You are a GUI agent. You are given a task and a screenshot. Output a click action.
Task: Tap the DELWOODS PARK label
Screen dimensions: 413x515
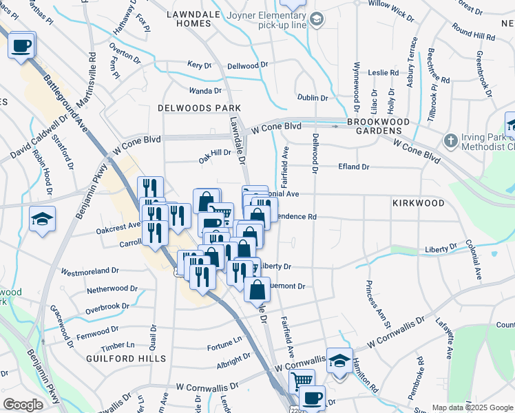tap(199, 108)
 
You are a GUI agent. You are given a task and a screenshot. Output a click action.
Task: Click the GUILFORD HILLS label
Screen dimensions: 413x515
tap(126, 359)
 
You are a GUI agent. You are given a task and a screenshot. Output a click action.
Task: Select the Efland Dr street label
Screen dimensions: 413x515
tap(354, 167)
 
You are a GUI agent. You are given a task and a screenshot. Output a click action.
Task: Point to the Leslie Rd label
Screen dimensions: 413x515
tap(383, 72)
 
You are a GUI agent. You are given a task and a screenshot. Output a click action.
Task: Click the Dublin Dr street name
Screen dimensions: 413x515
tap(313, 98)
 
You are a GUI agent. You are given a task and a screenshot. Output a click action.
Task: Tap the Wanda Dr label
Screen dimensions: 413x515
tap(206, 90)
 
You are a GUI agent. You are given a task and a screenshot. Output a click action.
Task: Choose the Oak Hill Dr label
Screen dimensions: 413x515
tap(215, 153)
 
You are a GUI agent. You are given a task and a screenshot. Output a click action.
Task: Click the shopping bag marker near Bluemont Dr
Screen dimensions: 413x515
tap(257, 289)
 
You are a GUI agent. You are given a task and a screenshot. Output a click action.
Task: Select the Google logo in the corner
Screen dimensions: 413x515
tap(23, 405)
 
